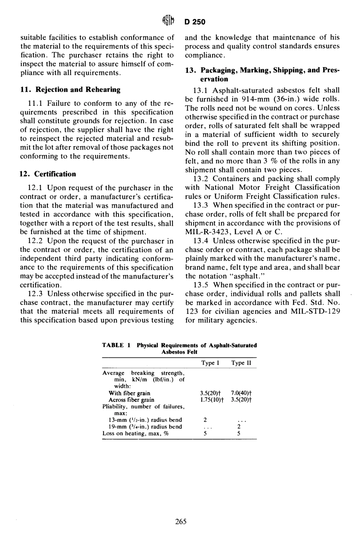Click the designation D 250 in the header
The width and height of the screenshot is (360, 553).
[x=195, y=22]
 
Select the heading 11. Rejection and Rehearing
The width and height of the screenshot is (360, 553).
[x=70, y=90]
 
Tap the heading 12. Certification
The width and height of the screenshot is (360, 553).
[x=48, y=174]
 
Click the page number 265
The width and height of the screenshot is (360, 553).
[x=181, y=522]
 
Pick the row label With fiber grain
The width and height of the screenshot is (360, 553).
[x=129, y=393]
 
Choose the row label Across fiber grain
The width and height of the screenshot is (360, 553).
[x=131, y=400]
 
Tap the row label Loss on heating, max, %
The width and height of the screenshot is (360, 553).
[x=135, y=434]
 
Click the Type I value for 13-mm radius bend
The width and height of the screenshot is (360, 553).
[x=205, y=420]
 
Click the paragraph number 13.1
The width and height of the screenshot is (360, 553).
[x=201, y=91]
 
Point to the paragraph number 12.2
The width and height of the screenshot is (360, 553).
[x=36, y=241]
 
